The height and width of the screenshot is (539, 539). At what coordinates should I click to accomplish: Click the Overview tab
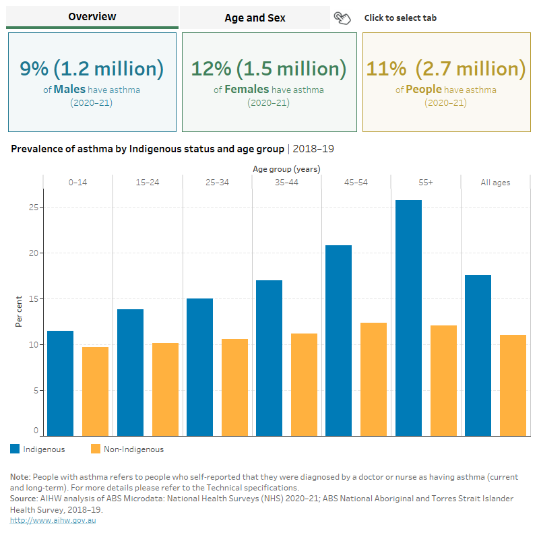tap(92, 17)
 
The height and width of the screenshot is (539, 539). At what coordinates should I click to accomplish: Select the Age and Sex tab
tap(255, 18)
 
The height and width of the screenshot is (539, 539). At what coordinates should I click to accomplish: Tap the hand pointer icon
tap(342, 18)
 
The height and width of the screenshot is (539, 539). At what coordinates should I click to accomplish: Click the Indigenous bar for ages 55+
tap(408, 317)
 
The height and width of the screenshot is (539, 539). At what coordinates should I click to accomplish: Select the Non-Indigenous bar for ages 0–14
tap(95, 391)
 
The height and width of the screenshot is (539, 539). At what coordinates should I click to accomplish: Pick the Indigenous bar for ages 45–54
tap(338, 340)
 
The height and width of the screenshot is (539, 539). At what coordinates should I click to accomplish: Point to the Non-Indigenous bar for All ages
tap(513, 385)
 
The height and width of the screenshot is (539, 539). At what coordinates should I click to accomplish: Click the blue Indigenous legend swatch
tap(15, 449)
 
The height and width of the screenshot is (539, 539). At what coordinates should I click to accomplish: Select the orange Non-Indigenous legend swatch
tap(95, 449)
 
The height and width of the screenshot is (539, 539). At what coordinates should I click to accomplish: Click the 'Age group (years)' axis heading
tap(286, 168)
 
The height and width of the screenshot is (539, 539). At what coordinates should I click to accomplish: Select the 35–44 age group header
tap(286, 183)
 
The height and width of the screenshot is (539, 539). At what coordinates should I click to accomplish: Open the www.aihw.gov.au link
tap(53, 520)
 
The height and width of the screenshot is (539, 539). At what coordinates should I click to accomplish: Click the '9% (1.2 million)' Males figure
tap(92, 69)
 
